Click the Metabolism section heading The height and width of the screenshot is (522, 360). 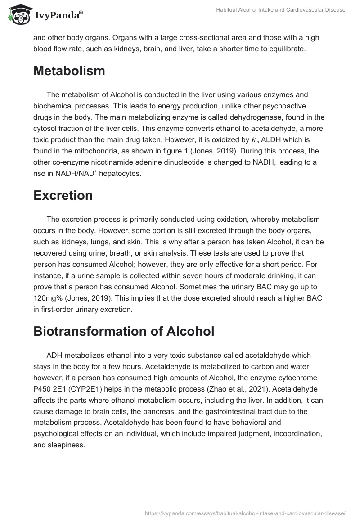pos(69,71)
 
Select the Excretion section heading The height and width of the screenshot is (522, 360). pos(63,195)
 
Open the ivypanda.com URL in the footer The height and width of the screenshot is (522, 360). pos(245,513)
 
